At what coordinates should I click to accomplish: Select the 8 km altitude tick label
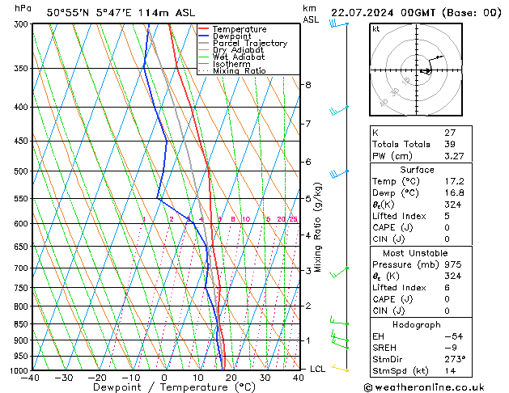308,85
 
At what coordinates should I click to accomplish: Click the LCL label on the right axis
318,369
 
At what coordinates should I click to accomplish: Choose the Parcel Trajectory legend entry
249,44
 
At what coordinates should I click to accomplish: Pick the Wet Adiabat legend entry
240,57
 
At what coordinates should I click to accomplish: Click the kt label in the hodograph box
376,29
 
